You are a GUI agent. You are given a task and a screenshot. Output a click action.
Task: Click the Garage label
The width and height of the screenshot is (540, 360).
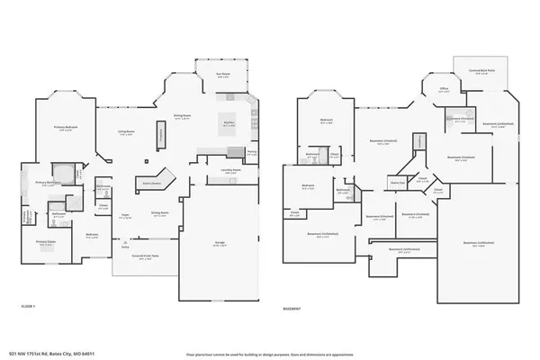pos(219,241)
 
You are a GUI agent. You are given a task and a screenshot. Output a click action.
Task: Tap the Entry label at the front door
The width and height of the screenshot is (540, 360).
pos(124,246)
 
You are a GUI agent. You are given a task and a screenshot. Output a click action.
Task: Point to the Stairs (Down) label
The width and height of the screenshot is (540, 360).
pos(149,182)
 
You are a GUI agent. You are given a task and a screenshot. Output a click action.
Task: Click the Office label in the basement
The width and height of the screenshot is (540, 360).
pos(443,89)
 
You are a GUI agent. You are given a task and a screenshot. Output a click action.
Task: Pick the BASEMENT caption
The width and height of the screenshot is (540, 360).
pos(292,307)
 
